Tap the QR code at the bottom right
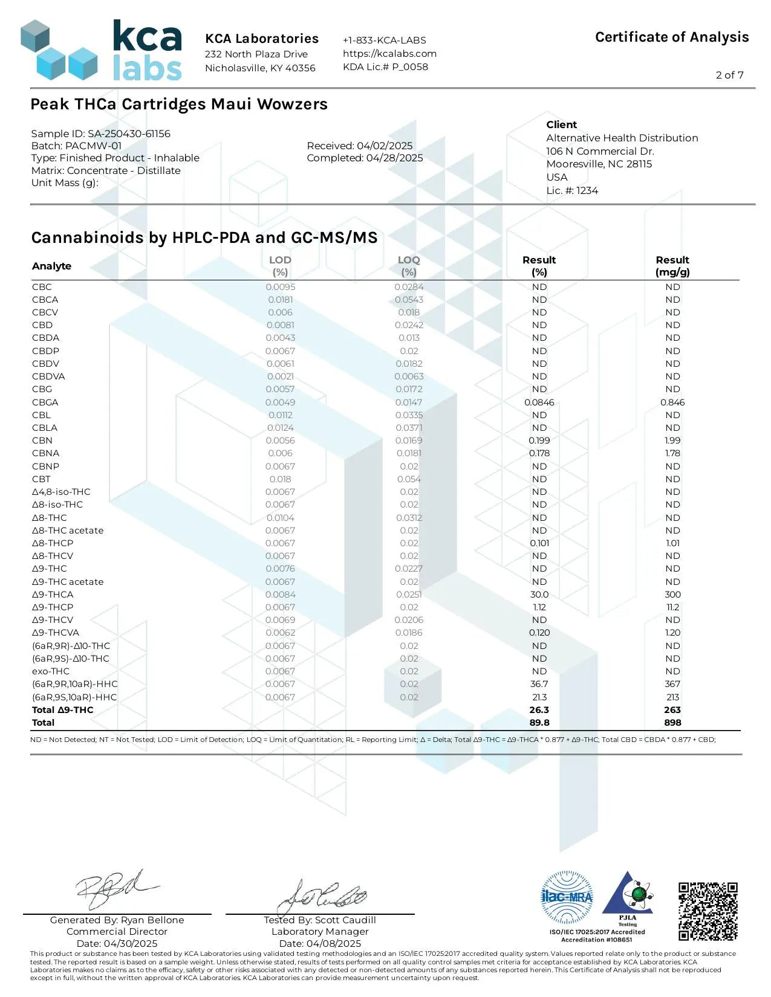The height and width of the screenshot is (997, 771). pos(708,911)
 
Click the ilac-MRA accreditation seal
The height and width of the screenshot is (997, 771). pos(567,897)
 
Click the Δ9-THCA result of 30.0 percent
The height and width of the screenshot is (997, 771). pos(539,595)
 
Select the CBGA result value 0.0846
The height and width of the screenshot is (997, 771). pos(539,402)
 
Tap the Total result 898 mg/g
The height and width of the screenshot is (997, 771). pos(672,723)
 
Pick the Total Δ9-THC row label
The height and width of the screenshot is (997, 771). pos(63,710)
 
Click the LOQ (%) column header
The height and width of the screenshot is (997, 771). pos(409,266)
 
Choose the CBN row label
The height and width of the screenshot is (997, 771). pos(42,440)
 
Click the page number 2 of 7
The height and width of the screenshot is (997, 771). pos(729,75)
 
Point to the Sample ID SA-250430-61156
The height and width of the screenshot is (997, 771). pos(101,134)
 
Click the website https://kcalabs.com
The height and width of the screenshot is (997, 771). pos(389,53)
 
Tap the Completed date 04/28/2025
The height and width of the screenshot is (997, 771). pos(365,158)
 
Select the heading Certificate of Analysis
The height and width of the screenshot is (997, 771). pos(672,37)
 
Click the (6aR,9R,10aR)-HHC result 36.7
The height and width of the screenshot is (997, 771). pos(539,684)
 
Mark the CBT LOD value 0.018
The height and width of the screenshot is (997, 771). pos(280,479)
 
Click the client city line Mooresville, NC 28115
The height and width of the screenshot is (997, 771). pos(599,164)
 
